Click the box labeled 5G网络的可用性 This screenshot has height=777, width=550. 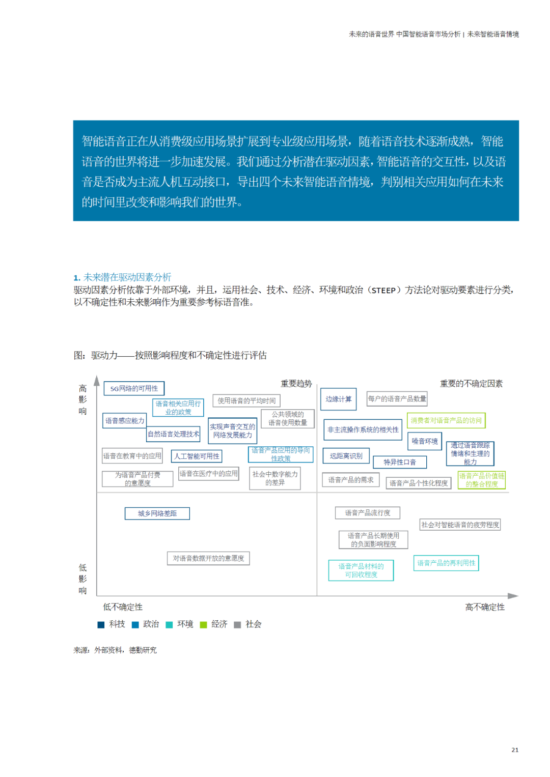[x=134, y=389]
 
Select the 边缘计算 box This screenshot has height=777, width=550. [x=338, y=399]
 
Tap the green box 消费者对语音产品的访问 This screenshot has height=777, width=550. [x=446, y=420]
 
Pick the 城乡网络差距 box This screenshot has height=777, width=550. [x=157, y=513]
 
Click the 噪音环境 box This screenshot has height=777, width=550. [x=424, y=441]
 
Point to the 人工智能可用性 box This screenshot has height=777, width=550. [x=197, y=456]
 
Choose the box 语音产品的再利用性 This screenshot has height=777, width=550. [x=446, y=563]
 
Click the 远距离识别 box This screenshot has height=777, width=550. [x=346, y=456]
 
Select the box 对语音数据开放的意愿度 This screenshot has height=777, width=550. [x=208, y=559]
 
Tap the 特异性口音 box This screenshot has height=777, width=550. [x=400, y=462]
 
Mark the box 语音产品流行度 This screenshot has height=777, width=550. [x=367, y=513]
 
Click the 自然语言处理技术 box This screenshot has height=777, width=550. [x=173, y=434]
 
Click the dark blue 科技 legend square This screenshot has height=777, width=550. [x=101, y=625]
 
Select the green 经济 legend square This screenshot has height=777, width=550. [x=204, y=625]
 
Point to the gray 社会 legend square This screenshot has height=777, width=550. [x=237, y=625]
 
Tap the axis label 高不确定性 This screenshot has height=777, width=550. [x=485, y=607]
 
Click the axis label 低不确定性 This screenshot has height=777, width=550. [x=123, y=607]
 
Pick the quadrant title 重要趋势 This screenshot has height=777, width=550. [x=296, y=384]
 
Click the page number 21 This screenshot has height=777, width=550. [x=515, y=750]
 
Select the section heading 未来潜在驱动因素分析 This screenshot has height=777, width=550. [x=127, y=277]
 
